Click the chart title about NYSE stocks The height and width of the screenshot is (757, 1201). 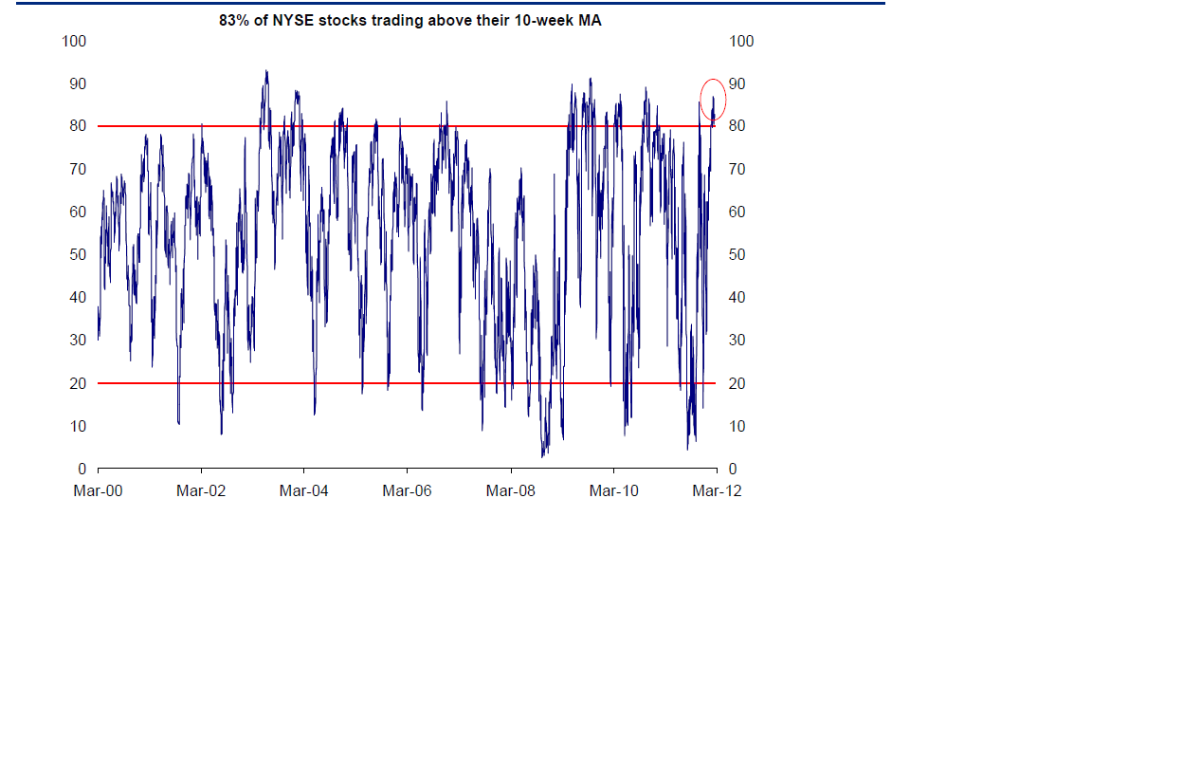(x=409, y=21)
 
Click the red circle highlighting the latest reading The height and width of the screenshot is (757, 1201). (x=714, y=99)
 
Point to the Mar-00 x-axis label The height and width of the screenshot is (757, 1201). (x=98, y=490)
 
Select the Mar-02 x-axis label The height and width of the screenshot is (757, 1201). (x=201, y=490)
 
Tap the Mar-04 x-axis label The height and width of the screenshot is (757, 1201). (x=304, y=490)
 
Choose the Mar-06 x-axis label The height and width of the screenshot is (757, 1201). (x=408, y=490)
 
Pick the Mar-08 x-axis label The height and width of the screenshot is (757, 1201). (x=511, y=490)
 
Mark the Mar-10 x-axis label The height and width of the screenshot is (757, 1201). (x=614, y=490)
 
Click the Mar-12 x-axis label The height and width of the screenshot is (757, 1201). (x=718, y=490)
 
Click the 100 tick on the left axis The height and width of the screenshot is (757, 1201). (x=74, y=41)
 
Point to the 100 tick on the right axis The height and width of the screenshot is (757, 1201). (x=741, y=41)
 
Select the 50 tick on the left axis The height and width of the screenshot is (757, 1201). (x=78, y=255)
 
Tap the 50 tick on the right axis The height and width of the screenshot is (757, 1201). (x=737, y=255)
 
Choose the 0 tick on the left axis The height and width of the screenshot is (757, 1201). (x=82, y=470)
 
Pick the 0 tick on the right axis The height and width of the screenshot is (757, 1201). (x=732, y=470)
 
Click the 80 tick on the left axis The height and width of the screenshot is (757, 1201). (x=78, y=126)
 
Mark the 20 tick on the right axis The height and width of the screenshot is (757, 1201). (x=737, y=383)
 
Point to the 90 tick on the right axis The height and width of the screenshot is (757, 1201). (x=737, y=83)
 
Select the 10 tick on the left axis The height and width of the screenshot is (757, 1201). (x=78, y=427)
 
